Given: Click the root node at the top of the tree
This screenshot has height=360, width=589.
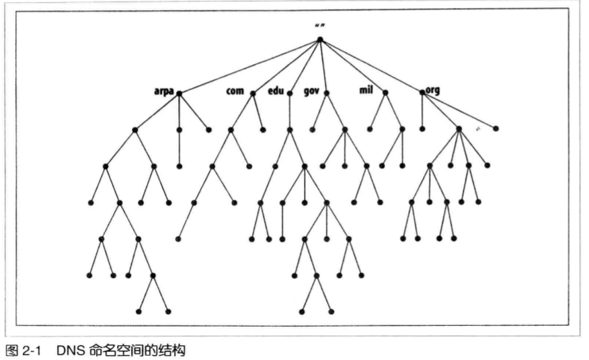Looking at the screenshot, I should click(320, 39).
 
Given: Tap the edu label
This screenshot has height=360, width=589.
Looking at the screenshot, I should click(276, 91).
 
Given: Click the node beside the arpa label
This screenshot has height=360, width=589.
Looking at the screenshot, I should click(179, 94).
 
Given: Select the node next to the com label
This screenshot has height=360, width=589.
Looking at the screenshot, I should click(253, 94).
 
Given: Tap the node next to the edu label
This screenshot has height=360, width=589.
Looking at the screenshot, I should click(290, 94).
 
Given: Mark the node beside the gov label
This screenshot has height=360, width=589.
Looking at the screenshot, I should click(327, 93).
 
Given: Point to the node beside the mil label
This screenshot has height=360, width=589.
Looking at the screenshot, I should click(385, 93).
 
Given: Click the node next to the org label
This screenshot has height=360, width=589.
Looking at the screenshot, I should click(422, 93).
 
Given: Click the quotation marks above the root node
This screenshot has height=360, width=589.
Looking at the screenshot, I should click(320, 26).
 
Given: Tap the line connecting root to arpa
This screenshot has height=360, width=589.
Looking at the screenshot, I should click(249, 66).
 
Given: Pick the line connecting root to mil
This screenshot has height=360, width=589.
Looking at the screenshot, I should click(352, 66).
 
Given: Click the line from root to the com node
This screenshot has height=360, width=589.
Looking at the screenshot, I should click(286, 66).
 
